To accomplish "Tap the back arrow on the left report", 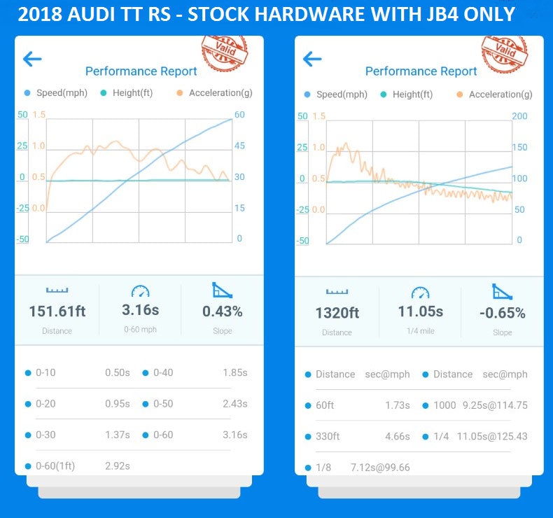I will coord(32,59).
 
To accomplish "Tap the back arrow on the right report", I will coord(312,59).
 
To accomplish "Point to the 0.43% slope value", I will coord(223,311).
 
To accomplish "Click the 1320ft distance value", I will coord(337,313).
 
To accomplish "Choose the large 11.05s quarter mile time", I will coord(420,311).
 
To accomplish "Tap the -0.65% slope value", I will coord(502,312).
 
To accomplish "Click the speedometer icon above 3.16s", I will coord(140,290).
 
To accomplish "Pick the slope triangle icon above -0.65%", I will coord(502,292).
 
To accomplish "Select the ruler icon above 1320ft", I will coord(337,291).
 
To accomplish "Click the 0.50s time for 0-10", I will coord(117,372).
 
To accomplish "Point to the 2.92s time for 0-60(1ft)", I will coord(117,465).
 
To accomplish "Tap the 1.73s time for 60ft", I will coord(397,405).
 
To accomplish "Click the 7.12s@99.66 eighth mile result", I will coord(380,467).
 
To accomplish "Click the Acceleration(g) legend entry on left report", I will coord(220,92).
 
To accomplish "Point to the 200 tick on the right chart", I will coord(520,116).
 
